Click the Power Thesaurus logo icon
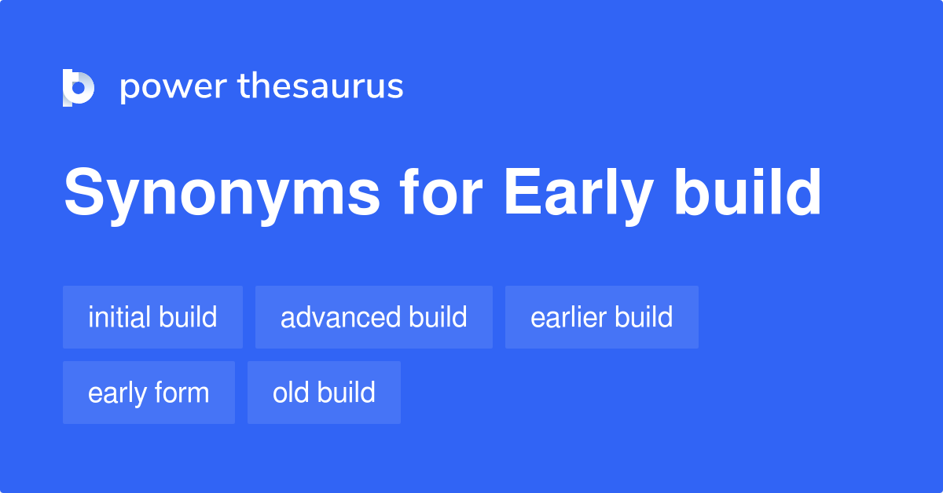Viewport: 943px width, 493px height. point(79,87)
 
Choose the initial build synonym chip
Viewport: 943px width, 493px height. point(152,317)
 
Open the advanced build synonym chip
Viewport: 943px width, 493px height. point(374,317)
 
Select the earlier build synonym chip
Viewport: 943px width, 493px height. point(602,317)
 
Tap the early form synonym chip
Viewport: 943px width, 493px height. point(149,393)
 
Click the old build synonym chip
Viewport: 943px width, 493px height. point(324,393)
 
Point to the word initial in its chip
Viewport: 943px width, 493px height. point(120,317)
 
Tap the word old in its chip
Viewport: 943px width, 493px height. point(287,393)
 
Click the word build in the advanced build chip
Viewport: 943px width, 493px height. point(438,317)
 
